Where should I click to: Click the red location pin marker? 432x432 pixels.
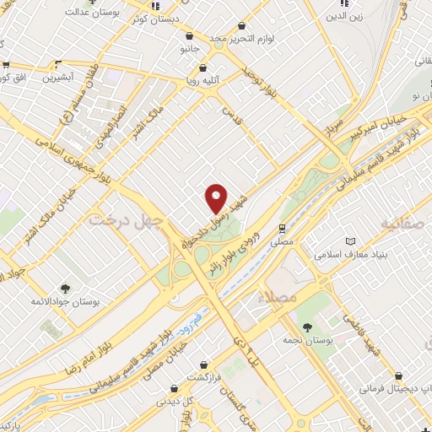coord(217,198)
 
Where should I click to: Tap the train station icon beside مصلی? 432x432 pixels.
coord(283,228)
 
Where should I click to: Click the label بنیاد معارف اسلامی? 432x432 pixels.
coord(348,254)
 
